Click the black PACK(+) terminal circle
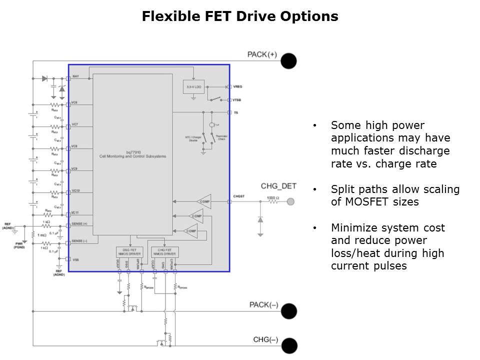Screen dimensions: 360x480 [x=288, y=61]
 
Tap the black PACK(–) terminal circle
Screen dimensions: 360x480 [x=288, y=311]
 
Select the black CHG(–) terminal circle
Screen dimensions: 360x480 [x=289, y=346]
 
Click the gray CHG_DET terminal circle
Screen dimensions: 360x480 [x=289, y=202]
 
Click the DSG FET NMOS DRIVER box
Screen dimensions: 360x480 [x=129, y=251]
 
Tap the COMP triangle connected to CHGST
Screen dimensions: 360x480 [x=203, y=202]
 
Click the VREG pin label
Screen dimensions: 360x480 [x=237, y=87]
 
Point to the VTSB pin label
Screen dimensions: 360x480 [x=237, y=100]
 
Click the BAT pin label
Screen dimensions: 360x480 [x=75, y=76]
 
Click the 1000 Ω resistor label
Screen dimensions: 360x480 [x=272, y=198]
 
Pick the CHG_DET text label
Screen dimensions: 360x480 [x=278, y=186]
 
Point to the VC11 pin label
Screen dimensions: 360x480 [x=75, y=212]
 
